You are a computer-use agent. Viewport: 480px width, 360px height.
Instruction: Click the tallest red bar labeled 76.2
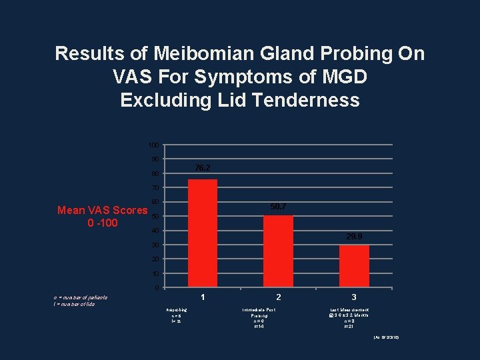click(x=203, y=233)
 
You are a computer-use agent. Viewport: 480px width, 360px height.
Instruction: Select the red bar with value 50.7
click(x=278, y=251)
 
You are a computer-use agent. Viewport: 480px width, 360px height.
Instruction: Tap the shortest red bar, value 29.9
click(x=354, y=266)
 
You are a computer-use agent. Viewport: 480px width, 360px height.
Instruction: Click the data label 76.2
click(x=203, y=167)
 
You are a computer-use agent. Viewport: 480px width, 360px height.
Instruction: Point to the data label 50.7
click(x=279, y=207)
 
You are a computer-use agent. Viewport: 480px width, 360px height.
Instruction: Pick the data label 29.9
click(x=355, y=236)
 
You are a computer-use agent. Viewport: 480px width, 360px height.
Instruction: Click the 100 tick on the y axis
click(x=153, y=145)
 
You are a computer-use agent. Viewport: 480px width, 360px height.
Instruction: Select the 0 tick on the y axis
click(x=156, y=288)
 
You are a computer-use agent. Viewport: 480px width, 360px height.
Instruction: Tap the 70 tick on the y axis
click(x=155, y=188)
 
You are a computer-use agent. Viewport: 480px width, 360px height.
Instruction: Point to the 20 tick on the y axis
click(x=155, y=259)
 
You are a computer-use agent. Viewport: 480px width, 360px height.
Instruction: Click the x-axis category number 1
click(x=203, y=297)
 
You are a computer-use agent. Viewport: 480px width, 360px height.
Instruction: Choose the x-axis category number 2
click(x=278, y=297)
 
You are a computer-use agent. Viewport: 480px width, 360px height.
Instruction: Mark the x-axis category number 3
click(x=354, y=297)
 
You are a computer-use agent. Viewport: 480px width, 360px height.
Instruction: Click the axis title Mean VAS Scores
click(x=102, y=211)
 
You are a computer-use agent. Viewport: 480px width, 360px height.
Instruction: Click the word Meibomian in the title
click(x=191, y=53)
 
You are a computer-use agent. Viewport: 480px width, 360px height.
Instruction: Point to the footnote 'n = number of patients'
click(x=81, y=297)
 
